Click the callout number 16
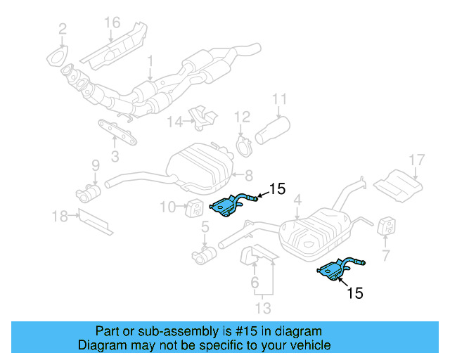click(112, 22)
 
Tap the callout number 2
click(63, 29)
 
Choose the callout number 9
click(95, 165)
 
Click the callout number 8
click(248, 174)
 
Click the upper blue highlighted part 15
click(229, 206)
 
